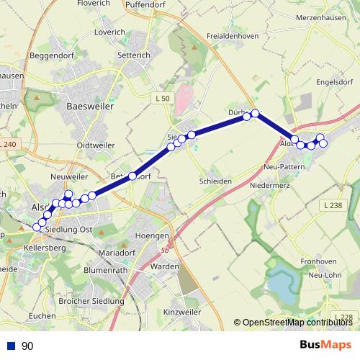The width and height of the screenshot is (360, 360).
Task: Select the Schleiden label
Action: point(214,181)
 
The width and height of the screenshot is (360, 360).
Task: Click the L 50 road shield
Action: point(163,98)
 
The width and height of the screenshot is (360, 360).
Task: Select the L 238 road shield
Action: point(333,205)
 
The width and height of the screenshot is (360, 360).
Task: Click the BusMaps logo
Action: point(325,346)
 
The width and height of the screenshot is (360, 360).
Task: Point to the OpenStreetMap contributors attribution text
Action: point(296,323)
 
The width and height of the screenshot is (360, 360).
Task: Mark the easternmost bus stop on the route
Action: point(323,143)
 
